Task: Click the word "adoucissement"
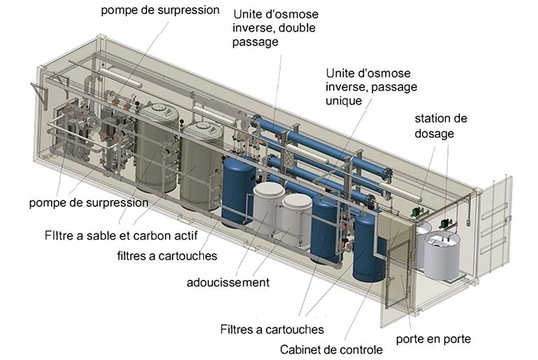tap(228, 282)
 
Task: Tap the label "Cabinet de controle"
tap(330, 350)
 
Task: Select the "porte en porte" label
tap(433, 339)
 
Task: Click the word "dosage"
tap(435, 133)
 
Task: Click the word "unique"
tap(344, 101)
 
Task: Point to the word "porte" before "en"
tap(412, 339)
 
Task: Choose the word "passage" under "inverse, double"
tap(255, 42)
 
